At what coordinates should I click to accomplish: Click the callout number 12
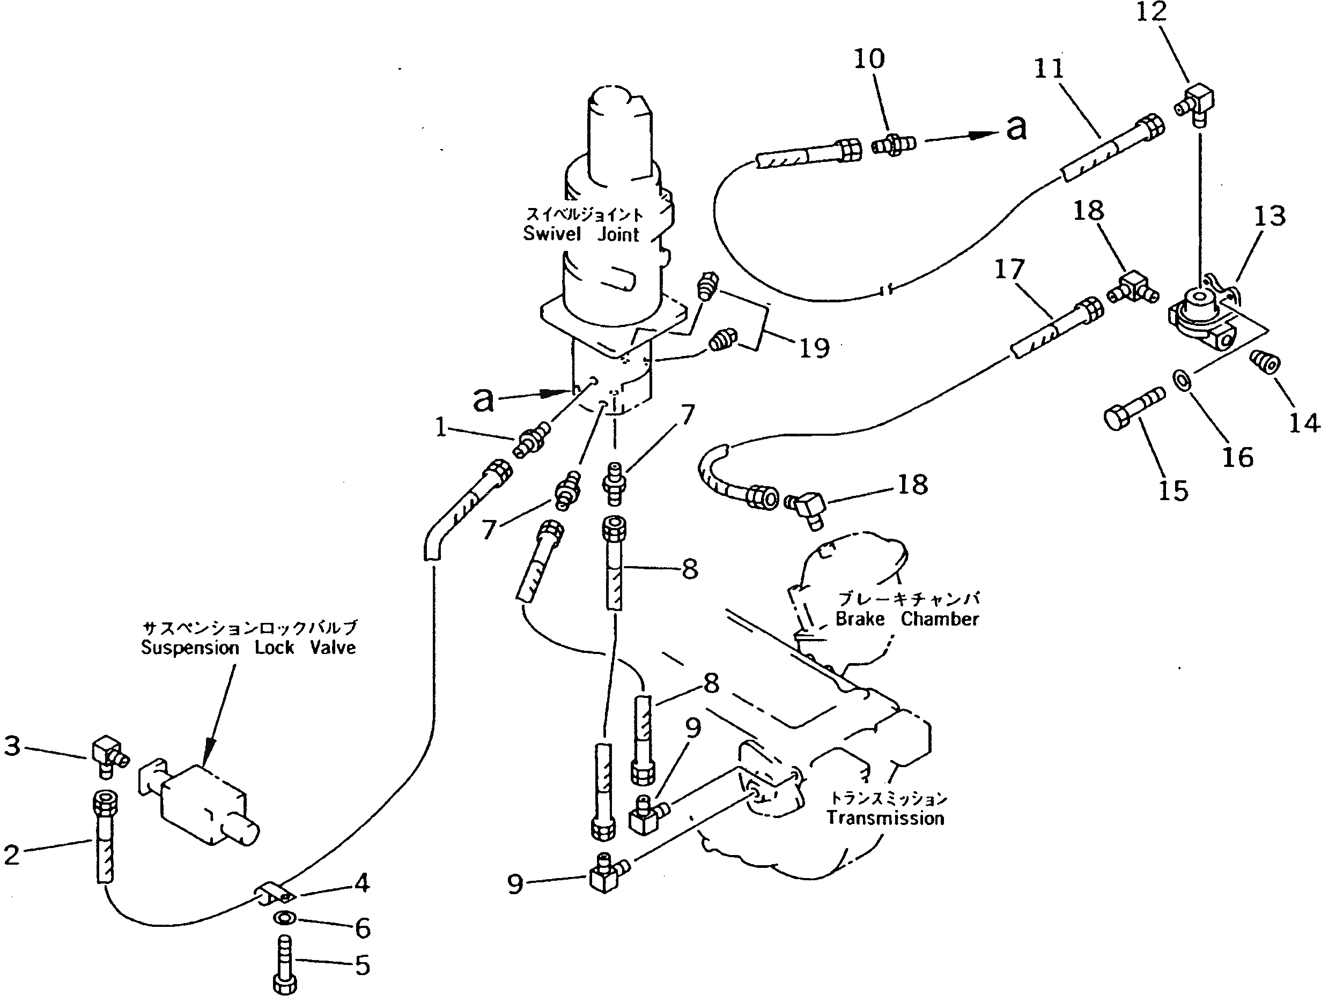(x=1151, y=12)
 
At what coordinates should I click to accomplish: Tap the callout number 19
(x=815, y=347)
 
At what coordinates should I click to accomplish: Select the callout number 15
(x=1173, y=490)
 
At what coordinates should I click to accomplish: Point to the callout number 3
(x=12, y=746)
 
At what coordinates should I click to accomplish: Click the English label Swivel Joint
(x=581, y=234)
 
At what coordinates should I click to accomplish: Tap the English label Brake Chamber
(x=906, y=619)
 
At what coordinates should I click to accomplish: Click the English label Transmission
(x=885, y=817)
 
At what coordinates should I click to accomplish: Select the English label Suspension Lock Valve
(x=248, y=648)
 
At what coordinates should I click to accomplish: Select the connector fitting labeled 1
(x=530, y=441)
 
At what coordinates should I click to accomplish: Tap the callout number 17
(x=1009, y=270)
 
